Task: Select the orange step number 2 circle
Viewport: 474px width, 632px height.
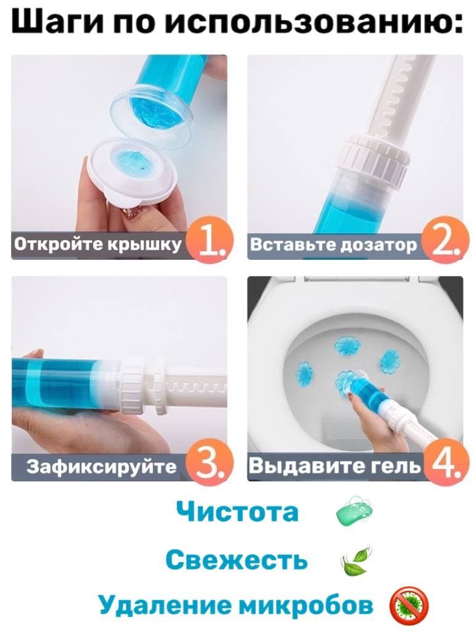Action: [x=446, y=241]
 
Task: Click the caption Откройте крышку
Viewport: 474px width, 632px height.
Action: [x=98, y=244]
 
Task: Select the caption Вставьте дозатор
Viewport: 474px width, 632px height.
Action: [x=334, y=244]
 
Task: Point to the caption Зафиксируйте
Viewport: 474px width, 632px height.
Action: [x=102, y=467]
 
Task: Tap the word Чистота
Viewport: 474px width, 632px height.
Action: [x=237, y=512]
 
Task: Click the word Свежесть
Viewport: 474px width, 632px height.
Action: [x=237, y=559]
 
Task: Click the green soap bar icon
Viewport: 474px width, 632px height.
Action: [x=354, y=512]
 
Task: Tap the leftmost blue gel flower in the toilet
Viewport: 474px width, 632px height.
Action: [x=305, y=369]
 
